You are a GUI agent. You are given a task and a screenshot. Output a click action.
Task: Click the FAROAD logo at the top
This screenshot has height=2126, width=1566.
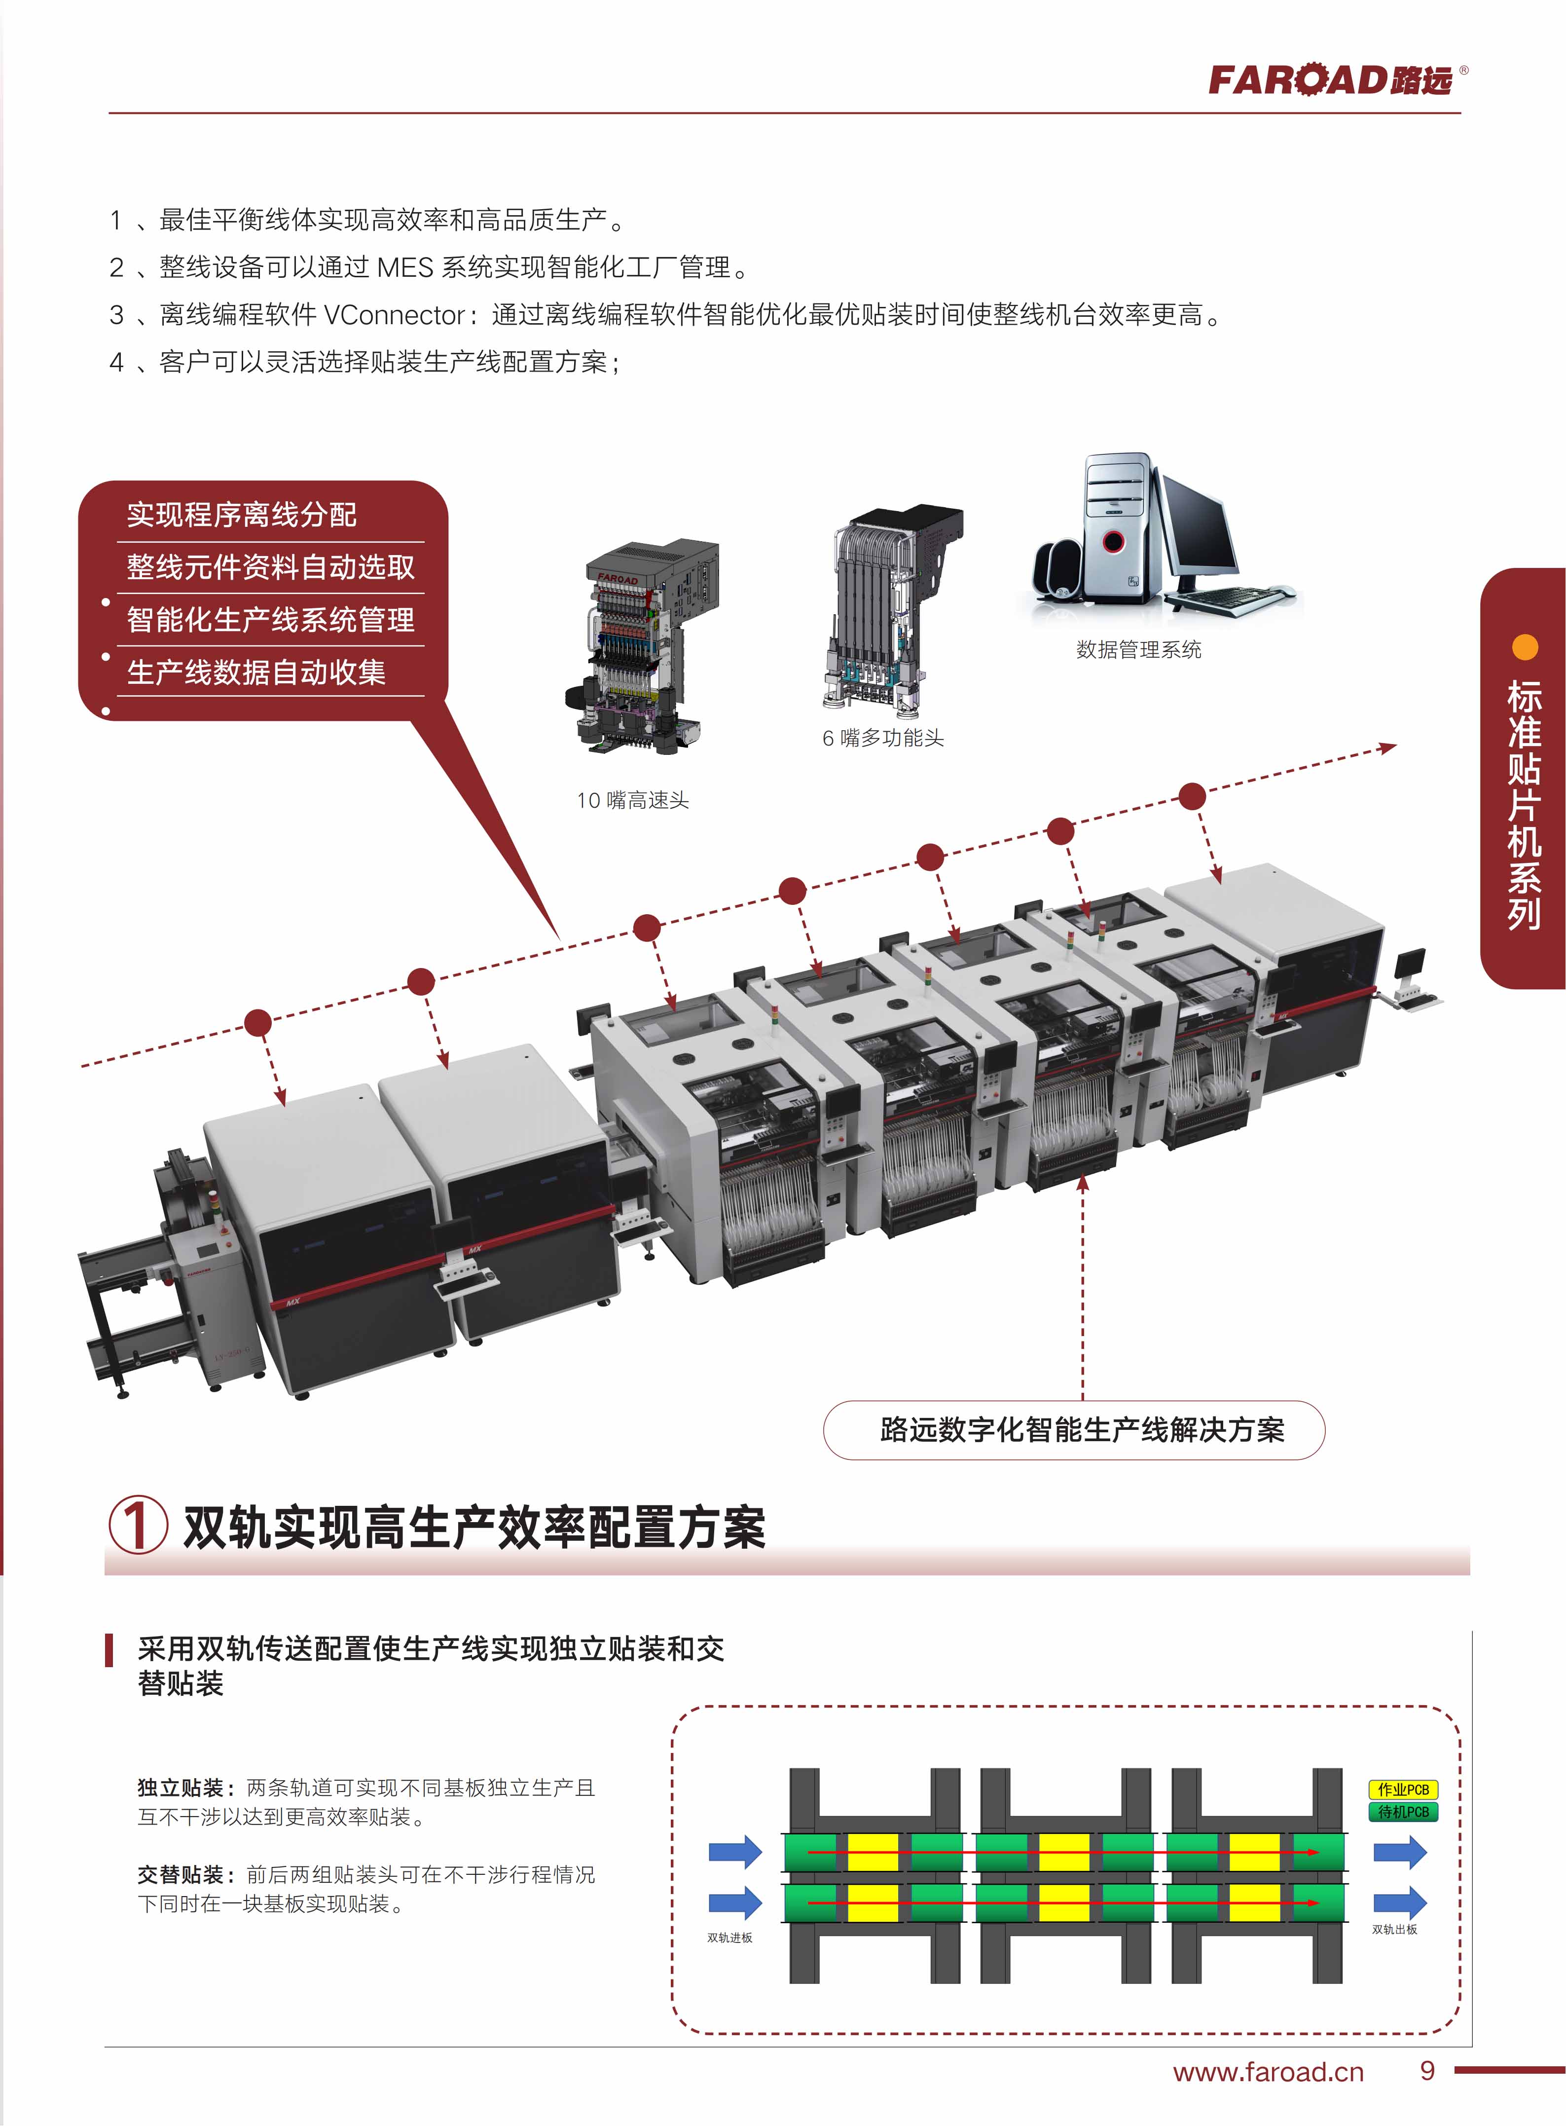pyautogui.click(x=1337, y=79)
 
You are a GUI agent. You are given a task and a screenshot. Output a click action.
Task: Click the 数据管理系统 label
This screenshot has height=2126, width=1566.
pyautogui.click(x=1138, y=650)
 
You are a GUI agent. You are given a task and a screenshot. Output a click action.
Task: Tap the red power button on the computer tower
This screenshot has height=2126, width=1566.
pyautogui.click(x=1113, y=542)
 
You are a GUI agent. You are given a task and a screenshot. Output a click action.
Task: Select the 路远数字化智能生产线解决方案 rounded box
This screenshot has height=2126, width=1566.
pyautogui.click(x=1074, y=1429)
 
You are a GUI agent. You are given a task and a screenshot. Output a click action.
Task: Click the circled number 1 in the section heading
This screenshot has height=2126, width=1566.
pyautogui.click(x=139, y=1525)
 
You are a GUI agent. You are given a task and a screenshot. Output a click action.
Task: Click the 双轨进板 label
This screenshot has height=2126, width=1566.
pyautogui.click(x=730, y=1938)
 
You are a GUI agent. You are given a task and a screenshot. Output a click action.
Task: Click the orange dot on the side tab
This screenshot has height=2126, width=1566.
pyautogui.click(x=1524, y=648)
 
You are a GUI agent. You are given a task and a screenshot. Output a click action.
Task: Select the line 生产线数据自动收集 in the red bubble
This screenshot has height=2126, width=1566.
pyautogui.click(x=256, y=672)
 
